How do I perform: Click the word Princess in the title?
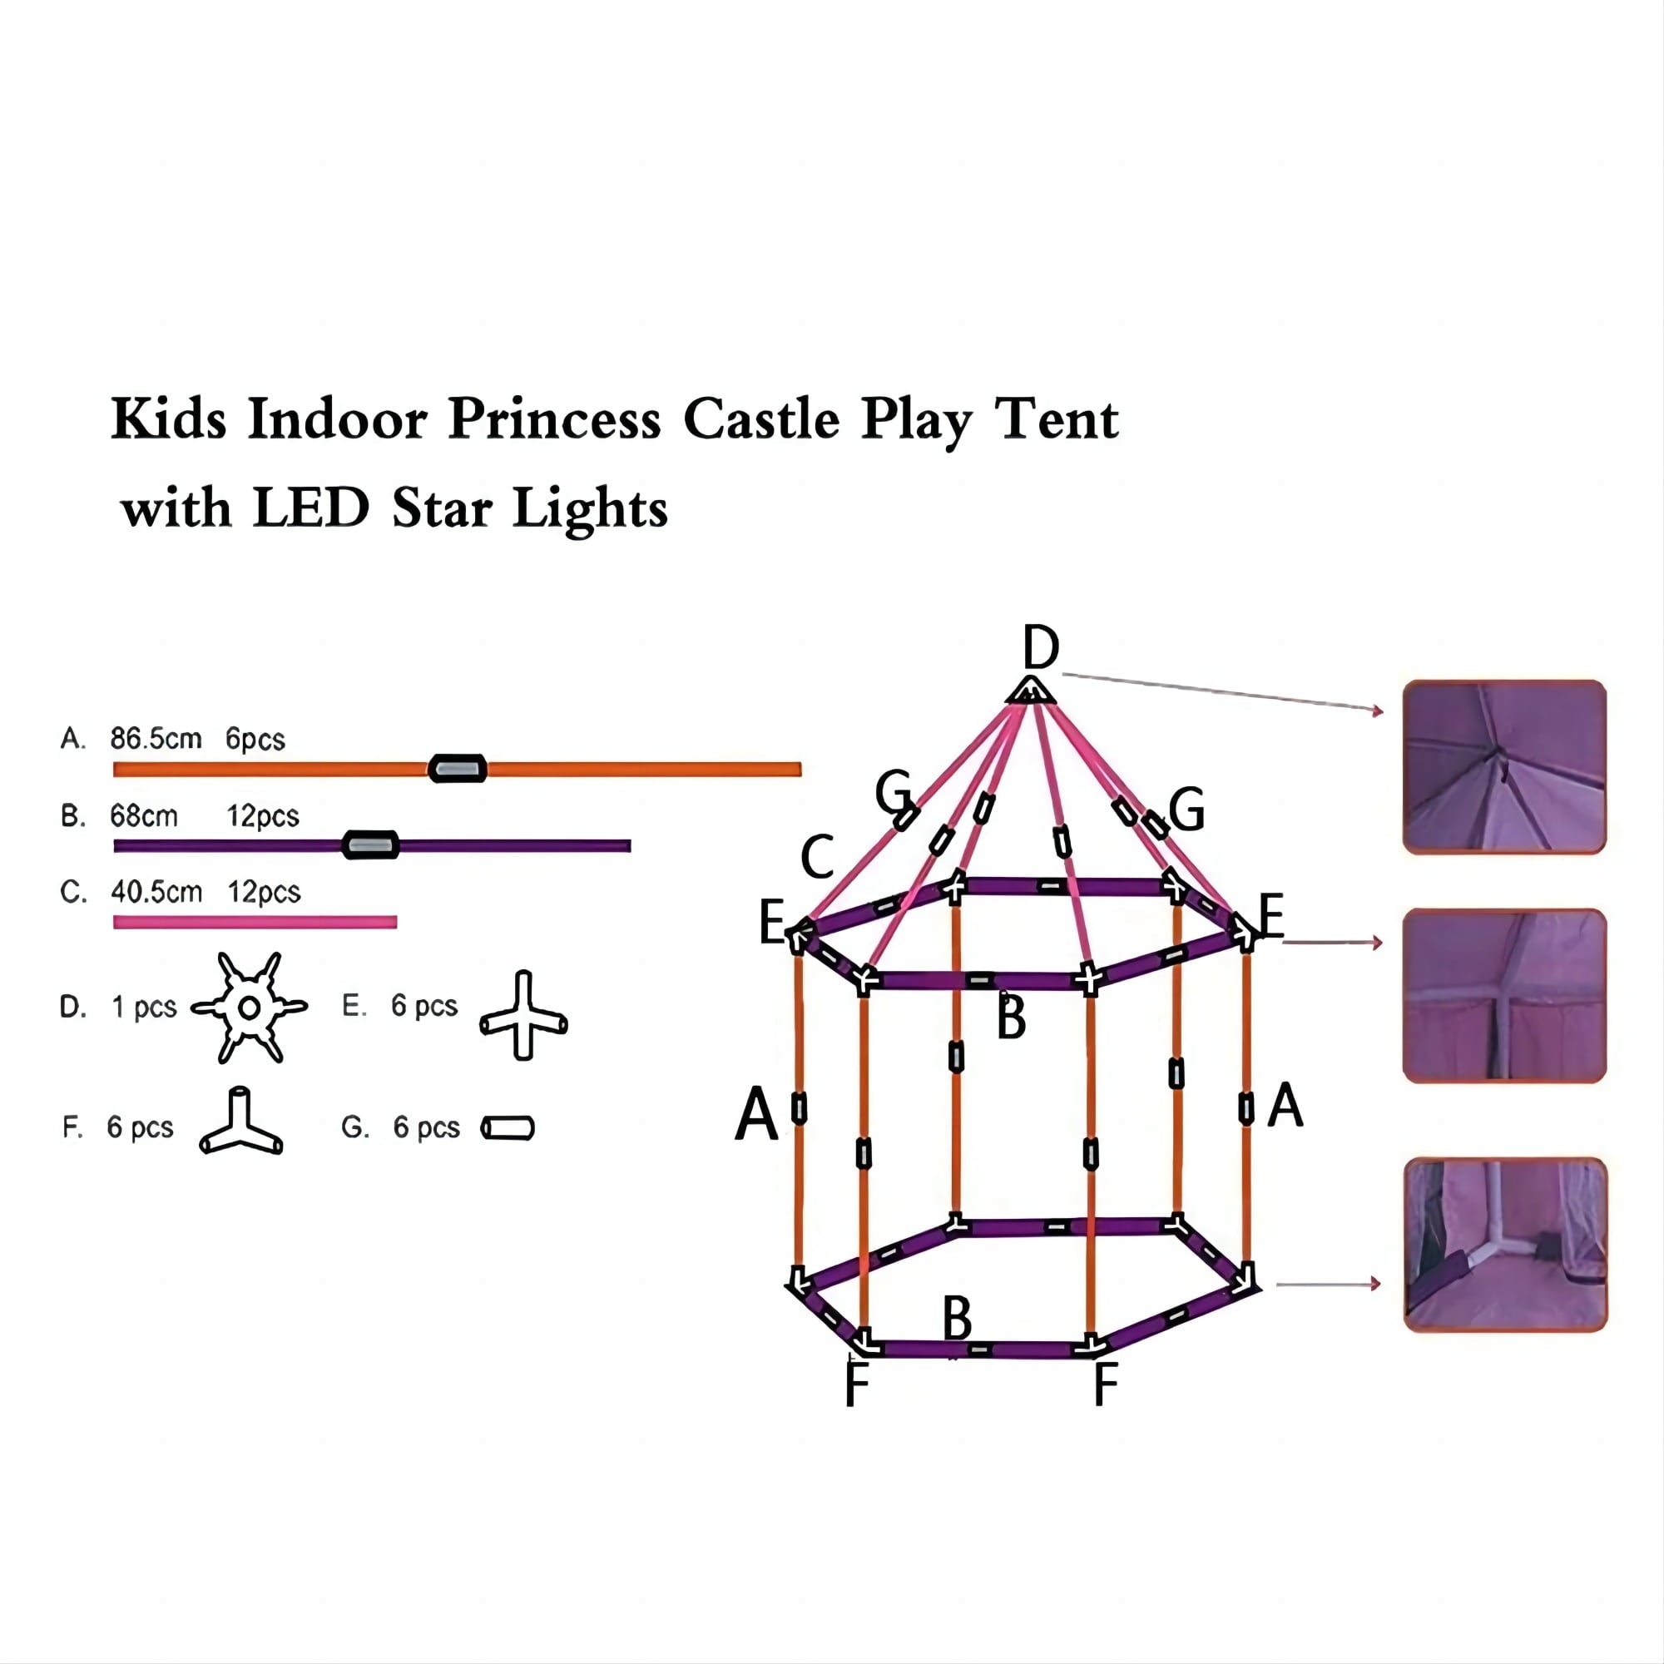(x=555, y=420)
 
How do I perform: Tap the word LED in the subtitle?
(x=311, y=508)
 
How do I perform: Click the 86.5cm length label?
(x=156, y=739)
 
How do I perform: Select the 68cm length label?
(x=144, y=815)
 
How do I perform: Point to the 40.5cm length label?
(x=156, y=891)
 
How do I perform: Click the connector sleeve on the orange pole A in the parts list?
(x=458, y=768)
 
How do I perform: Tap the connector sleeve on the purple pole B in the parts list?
(x=370, y=845)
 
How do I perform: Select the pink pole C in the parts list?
(x=255, y=923)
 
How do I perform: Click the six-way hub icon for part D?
(x=249, y=1007)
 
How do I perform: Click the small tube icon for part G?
(x=508, y=1127)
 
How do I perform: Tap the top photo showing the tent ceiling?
(x=1503, y=766)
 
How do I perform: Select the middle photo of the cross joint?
(x=1503, y=996)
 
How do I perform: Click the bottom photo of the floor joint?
(x=1504, y=1245)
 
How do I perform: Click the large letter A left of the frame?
(x=756, y=1114)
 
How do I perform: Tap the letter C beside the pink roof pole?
(x=816, y=856)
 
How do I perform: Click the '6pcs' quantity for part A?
(x=255, y=739)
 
